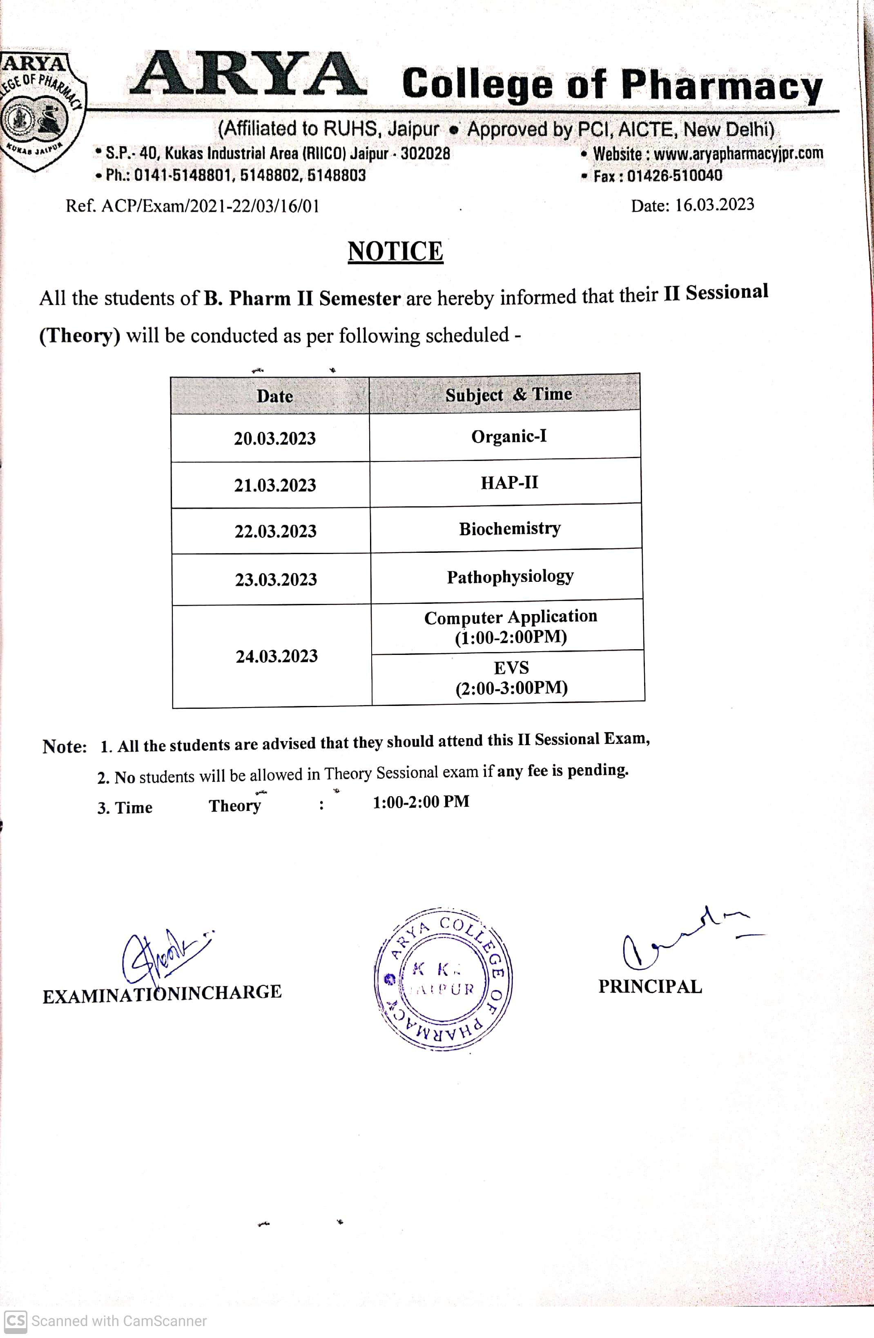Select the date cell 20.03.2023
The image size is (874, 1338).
click(x=275, y=439)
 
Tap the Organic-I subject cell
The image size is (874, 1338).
click(x=508, y=436)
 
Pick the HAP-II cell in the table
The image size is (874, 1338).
click(x=509, y=482)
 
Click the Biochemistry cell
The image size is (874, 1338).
click(x=510, y=528)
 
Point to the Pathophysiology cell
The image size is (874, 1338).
click(x=510, y=576)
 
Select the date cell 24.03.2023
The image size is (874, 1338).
click(x=276, y=656)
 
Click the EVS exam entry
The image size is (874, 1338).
click(x=511, y=677)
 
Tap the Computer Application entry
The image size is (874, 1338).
click(x=511, y=626)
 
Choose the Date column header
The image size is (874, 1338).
click(x=274, y=396)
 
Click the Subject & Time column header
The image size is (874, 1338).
click(x=508, y=394)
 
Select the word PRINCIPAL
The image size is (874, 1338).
click(x=650, y=986)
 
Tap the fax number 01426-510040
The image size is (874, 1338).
click(x=674, y=176)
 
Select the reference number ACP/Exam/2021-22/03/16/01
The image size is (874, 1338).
click(x=210, y=206)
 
